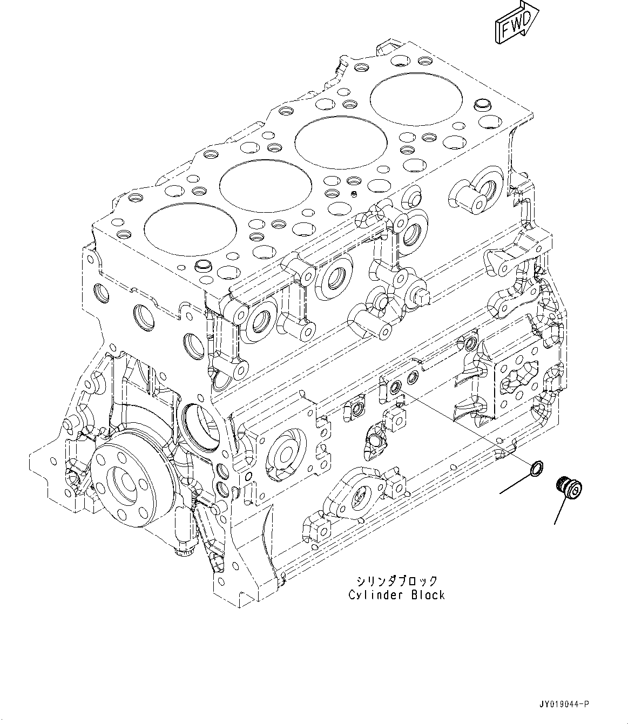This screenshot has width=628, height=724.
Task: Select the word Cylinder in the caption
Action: point(373,595)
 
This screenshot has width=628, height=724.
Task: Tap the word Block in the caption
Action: point(427,595)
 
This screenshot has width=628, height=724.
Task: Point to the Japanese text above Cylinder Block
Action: point(396,581)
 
